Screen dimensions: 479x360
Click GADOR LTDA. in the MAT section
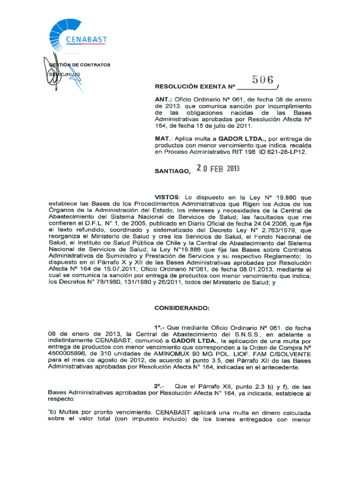tap(238, 139)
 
